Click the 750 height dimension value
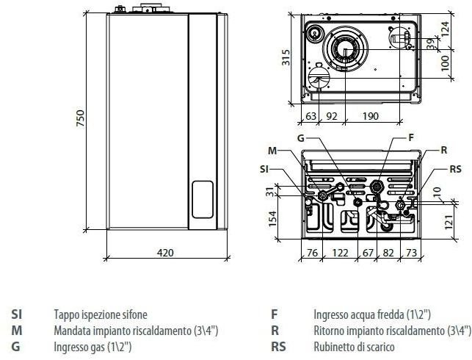[x=81, y=118]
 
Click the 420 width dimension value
[x=166, y=253]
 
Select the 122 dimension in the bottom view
[x=341, y=253]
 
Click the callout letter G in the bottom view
[x=301, y=137]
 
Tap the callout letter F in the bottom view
[x=410, y=137]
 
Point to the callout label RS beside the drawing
[x=455, y=169]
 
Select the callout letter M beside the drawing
[x=272, y=151]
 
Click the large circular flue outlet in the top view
[x=345, y=48]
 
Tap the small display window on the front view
[x=203, y=201]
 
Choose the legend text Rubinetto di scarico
[x=354, y=347]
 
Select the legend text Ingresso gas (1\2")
[x=92, y=347]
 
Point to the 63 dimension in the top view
[x=310, y=115]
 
